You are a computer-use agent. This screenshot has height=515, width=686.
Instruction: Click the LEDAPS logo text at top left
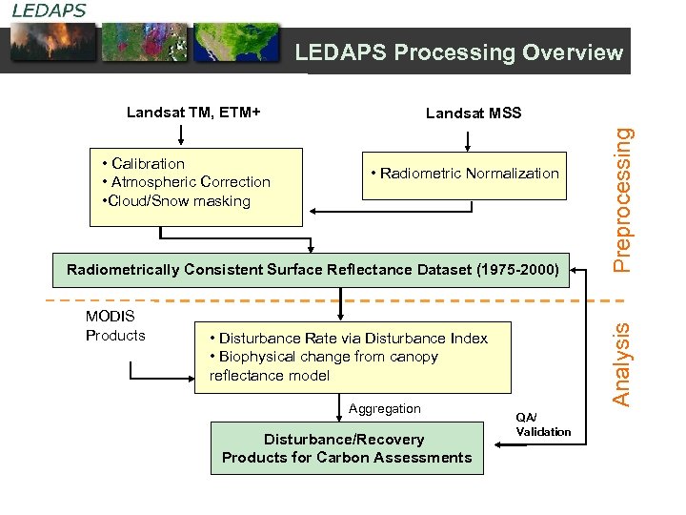pyautogui.click(x=49, y=10)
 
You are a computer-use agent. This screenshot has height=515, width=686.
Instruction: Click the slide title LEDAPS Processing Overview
pyautogui.click(x=458, y=52)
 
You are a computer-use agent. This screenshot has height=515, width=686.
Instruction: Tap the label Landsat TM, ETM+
pyautogui.click(x=193, y=113)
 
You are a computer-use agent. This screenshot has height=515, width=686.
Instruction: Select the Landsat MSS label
pyautogui.click(x=474, y=113)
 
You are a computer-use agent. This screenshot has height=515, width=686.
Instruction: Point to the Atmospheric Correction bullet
pyautogui.click(x=190, y=182)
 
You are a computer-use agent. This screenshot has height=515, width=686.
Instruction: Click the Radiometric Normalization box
pyautogui.click(x=464, y=173)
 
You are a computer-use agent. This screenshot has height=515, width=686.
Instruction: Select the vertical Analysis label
pyautogui.click(x=622, y=363)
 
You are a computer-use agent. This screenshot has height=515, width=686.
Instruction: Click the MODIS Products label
pyautogui.click(x=115, y=325)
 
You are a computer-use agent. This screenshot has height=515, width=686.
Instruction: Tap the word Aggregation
pyautogui.click(x=385, y=409)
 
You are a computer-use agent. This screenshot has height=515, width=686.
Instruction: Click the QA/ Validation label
pyautogui.click(x=543, y=424)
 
